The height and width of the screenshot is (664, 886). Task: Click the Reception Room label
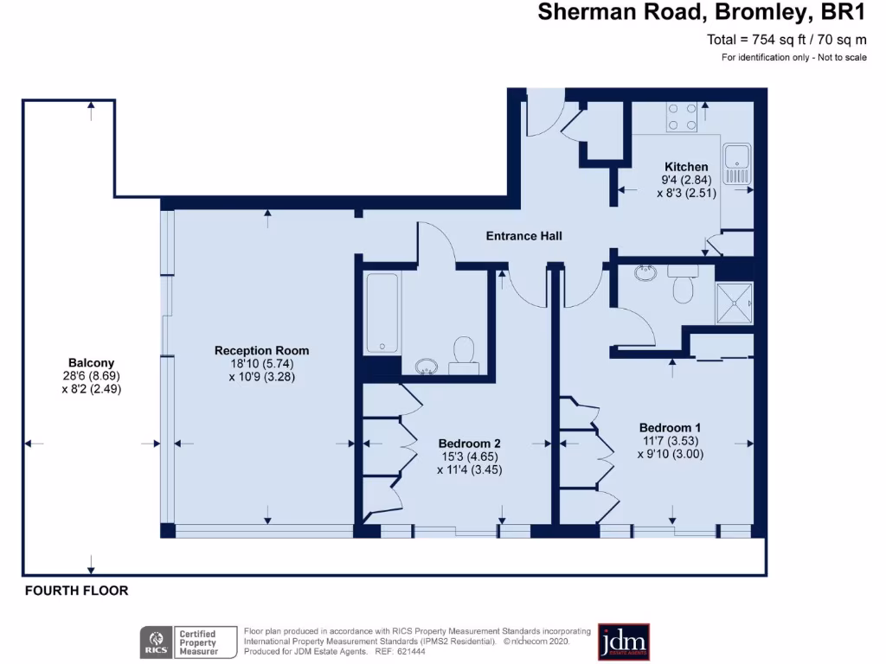pyautogui.click(x=261, y=351)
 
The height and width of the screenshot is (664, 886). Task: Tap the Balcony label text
pyautogui.click(x=91, y=363)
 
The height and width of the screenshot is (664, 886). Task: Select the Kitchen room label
pyautogui.click(x=686, y=167)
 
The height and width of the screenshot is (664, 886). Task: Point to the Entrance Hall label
pyautogui.click(x=524, y=235)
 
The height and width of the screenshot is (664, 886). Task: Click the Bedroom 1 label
pyautogui.click(x=670, y=428)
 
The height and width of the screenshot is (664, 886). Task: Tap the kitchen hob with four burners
pyautogui.click(x=683, y=118)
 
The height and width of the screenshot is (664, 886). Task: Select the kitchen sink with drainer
pyautogui.click(x=736, y=164)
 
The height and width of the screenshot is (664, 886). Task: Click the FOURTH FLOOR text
pyautogui.click(x=76, y=591)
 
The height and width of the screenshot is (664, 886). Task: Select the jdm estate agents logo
pyautogui.click(x=623, y=642)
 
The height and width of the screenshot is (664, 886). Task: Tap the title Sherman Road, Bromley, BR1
pyautogui.click(x=702, y=13)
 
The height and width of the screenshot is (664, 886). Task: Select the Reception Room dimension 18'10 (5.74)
pyautogui.click(x=262, y=364)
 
